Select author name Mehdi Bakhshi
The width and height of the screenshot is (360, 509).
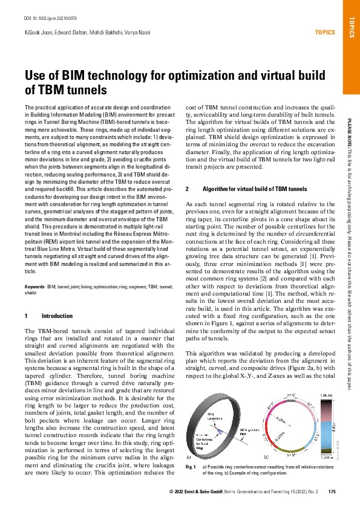[x=101, y=32]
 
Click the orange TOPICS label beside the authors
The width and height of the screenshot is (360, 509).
[x=321, y=32]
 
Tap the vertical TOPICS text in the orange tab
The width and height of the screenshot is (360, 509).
[x=352, y=27]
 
